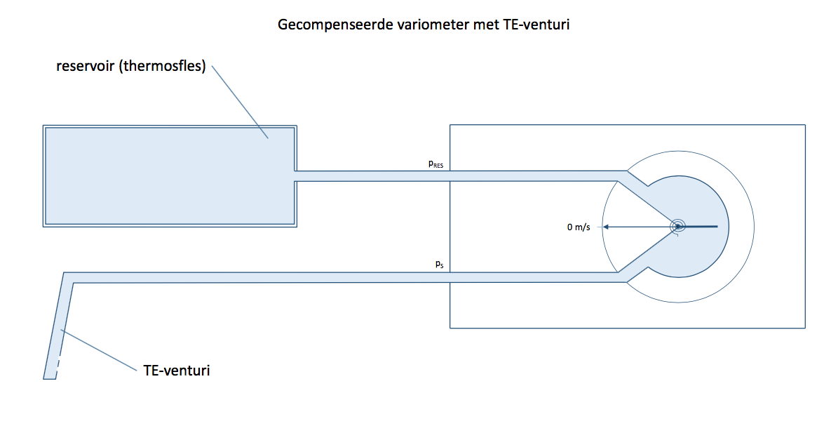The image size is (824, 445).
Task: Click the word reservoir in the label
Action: click(85, 66)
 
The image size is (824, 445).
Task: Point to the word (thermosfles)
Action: click(163, 66)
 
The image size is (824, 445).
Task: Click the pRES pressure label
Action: click(435, 164)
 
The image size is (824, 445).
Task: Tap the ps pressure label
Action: click(439, 264)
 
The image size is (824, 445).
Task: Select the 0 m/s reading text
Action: click(579, 227)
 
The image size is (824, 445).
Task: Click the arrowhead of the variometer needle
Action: click(606, 227)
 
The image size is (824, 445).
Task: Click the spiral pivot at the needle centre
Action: click(678, 227)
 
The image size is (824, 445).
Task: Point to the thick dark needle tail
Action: click(698, 227)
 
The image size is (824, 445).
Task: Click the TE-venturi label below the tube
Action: click(177, 371)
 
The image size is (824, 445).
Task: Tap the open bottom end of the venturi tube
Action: click(50, 377)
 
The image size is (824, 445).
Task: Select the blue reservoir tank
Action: click(170, 176)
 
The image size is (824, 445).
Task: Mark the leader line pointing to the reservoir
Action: click(240, 102)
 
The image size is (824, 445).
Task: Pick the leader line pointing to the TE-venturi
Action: click(99, 350)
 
